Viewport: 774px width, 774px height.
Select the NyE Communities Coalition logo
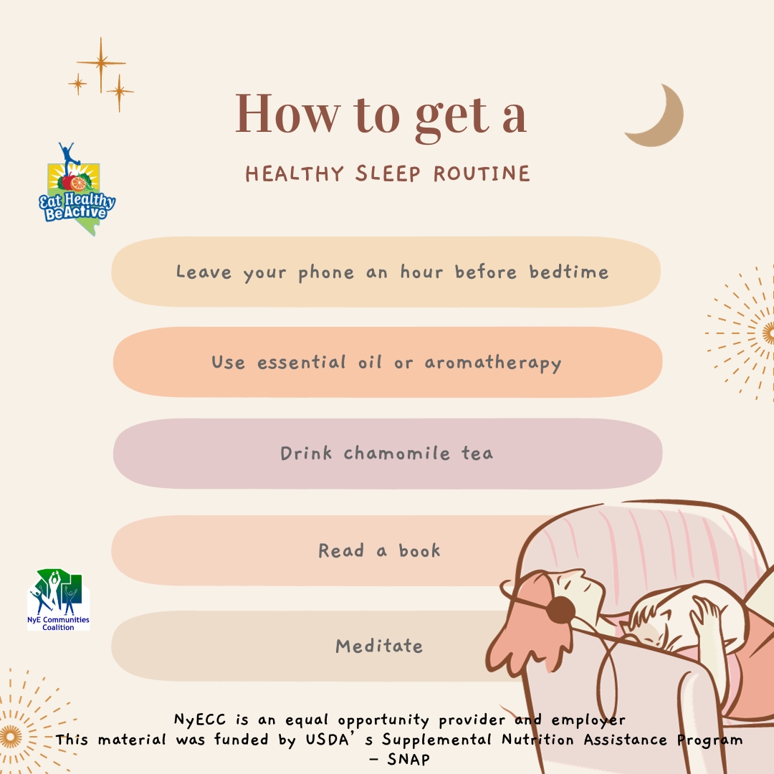click(59, 599)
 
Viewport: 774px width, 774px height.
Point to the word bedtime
click(569, 272)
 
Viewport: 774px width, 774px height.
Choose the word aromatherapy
click(492, 363)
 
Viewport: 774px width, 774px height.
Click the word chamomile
click(397, 454)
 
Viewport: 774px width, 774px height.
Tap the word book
click(419, 550)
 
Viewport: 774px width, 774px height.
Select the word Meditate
click(379, 646)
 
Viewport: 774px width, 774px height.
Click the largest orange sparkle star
click(101, 64)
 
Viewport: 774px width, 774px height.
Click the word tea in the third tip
click(477, 454)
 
